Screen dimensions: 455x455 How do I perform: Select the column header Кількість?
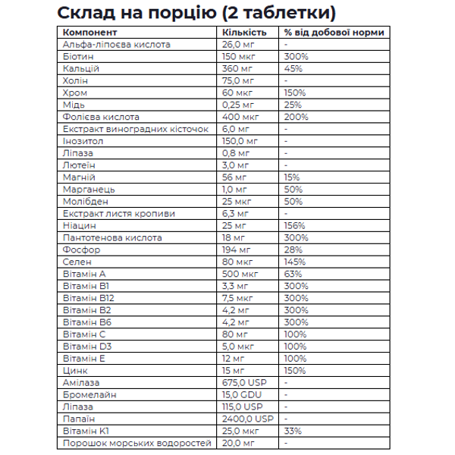click(243, 33)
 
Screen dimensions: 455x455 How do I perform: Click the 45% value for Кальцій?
click(293, 68)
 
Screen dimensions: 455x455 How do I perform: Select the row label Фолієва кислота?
click(101, 117)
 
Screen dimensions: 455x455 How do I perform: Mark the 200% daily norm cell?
click(296, 117)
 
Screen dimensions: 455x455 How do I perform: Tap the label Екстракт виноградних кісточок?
click(135, 129)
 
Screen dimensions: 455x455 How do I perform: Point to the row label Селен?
click(77, 262)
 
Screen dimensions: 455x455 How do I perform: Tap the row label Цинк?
click(75, 371)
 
